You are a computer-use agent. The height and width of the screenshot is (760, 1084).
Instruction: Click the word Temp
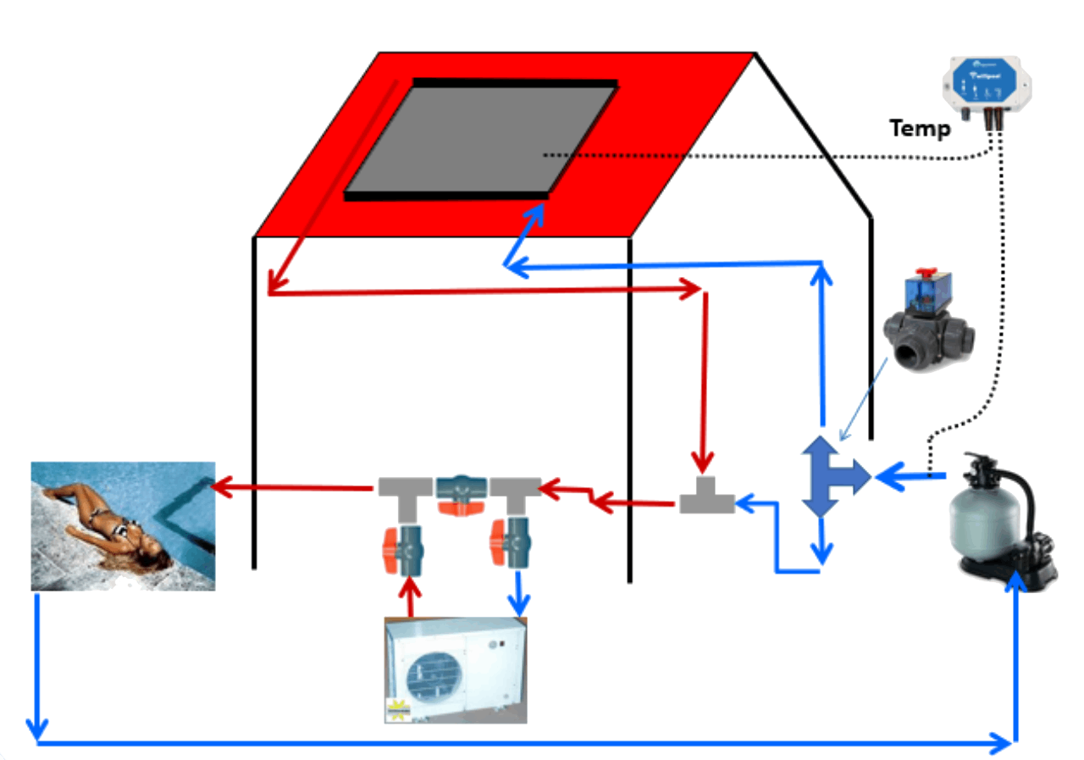920,130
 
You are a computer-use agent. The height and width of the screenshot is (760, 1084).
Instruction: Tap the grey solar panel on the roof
482,139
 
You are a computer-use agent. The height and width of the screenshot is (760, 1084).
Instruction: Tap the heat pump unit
456,669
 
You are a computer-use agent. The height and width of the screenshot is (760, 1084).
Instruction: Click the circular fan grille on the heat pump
431,678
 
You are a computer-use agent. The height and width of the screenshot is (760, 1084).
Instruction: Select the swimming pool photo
123,525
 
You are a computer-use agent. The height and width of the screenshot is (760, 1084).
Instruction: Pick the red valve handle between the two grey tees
461,507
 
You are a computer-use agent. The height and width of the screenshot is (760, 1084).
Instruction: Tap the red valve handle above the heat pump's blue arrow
498,542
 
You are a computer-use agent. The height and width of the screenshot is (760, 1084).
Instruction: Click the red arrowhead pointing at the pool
219,487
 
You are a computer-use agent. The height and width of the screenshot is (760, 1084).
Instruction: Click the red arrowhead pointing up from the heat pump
411,585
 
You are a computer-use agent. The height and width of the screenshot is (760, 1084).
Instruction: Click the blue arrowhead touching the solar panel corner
537,214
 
